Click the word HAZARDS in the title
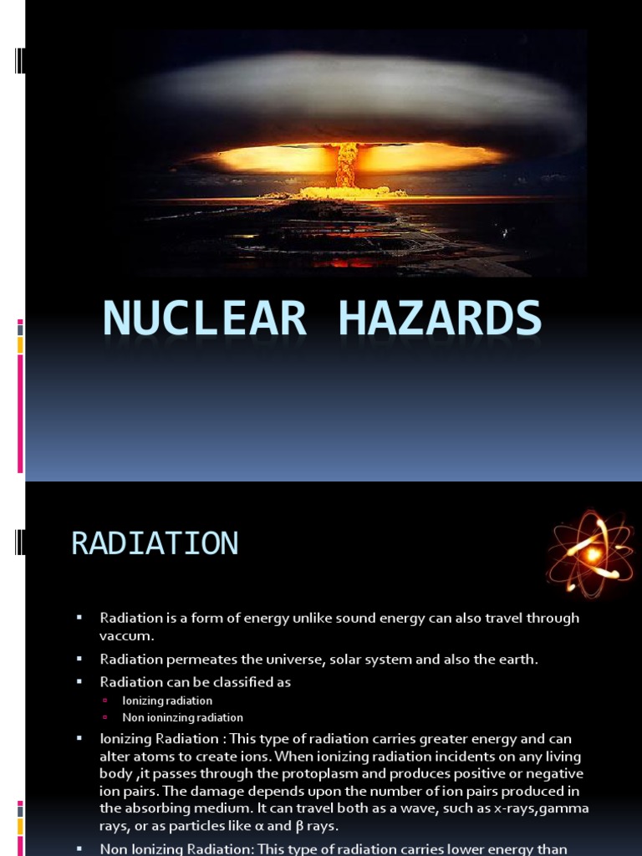pos(436,319)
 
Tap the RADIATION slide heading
pos(155,543)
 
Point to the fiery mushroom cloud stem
pos(344,166)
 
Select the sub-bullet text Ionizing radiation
pos(167,701)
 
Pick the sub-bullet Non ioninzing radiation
pos(182,717)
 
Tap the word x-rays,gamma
pos(548,808)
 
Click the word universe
pos(291,660)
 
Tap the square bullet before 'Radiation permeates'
pos(79,660)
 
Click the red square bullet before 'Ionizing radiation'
pos(105,701)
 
